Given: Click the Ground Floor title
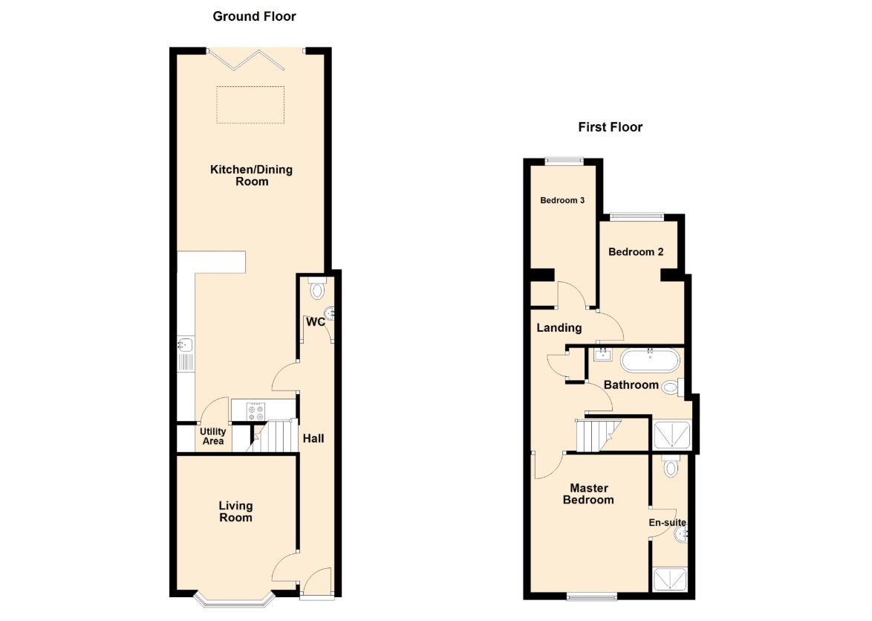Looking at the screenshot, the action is coord(254,16).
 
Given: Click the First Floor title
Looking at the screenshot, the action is coord(610,127).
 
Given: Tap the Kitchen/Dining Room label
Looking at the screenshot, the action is coord(251,176).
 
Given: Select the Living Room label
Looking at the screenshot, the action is coord(235,511).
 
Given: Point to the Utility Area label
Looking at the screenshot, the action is coord(213,436).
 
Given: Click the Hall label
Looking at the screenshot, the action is coord(313,438).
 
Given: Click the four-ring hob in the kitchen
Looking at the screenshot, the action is coord(256,411).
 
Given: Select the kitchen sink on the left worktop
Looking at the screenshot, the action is coord(186,354).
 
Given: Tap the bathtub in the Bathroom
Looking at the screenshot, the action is coord(650,361).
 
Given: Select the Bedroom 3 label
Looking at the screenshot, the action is coord(562,201).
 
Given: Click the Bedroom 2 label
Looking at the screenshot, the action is coord(636,251).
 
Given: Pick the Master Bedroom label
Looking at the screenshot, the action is coord(588,494).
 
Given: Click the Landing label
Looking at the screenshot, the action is coord(559,327).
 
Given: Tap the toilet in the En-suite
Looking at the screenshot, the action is coord(671,466).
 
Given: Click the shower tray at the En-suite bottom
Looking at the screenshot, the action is coord(670,579).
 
